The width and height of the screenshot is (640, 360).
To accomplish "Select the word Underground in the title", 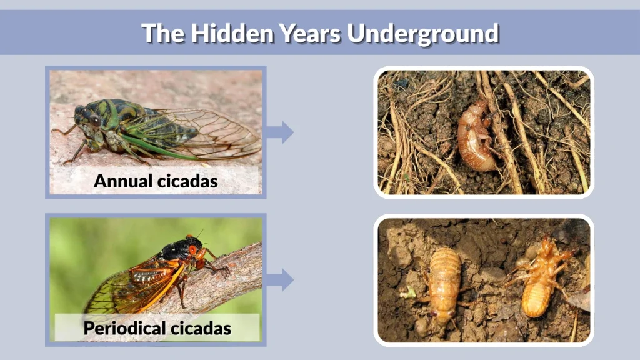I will pyautogui.click(x=423, y=33).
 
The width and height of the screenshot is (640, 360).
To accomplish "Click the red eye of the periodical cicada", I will pyautogui.click(x=192, y=250).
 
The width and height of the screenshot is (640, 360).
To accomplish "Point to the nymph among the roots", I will pyautogui.click(x=474, y=136).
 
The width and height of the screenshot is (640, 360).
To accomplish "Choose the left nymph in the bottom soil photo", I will pyautogui.click(x=445, y=283).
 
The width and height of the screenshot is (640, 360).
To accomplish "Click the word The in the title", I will pyautogui.click(x=162, y=33).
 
